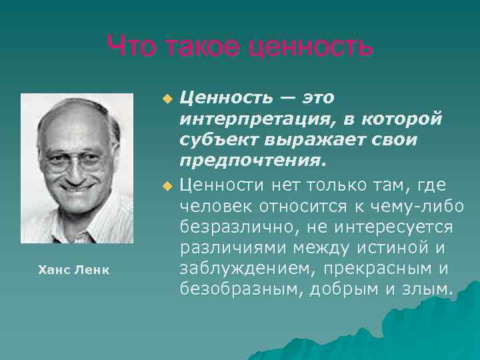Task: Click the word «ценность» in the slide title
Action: (309, 47)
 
